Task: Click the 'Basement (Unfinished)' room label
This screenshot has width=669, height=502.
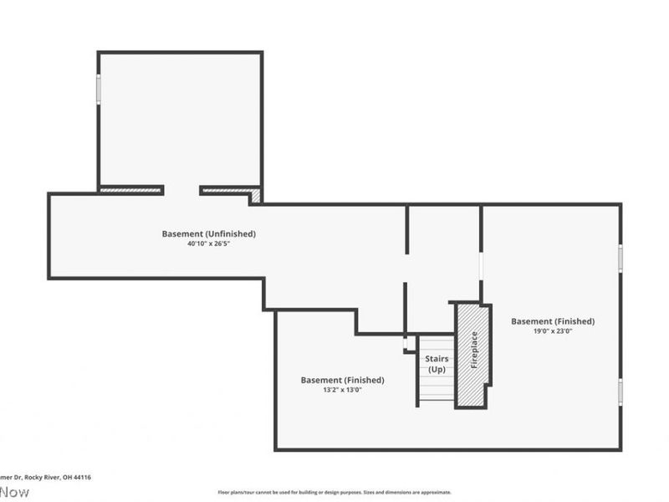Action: coord(208,233)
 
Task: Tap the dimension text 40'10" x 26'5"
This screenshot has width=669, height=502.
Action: coord(208,244)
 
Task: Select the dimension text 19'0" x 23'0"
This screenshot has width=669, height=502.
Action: coord(553,331)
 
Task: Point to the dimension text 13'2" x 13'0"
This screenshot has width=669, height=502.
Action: coord(342,390)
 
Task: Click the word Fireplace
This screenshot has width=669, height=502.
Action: coord(474,351)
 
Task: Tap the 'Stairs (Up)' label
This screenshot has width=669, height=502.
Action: coord(437,364)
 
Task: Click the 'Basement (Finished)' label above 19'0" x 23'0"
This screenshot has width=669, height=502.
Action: coord(553,321)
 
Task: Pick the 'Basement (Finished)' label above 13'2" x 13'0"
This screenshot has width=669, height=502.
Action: coord(342,380)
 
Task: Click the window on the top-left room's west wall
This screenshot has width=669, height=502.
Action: coord(98,89)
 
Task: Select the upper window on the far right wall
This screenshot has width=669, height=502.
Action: coord(620,257)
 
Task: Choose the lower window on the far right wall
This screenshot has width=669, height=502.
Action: coord(620,392)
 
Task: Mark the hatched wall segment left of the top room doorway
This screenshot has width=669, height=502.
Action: coord(130,190)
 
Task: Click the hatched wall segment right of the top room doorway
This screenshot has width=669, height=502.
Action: coord(227,191)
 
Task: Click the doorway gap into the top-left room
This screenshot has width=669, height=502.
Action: coord(181,191)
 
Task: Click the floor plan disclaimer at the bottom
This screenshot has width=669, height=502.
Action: coord(334,493)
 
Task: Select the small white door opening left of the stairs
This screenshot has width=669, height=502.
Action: coord(406,343)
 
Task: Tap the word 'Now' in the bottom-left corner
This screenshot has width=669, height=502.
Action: coord(14,492)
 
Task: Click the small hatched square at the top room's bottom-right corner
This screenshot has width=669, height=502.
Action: coord(257,197)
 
